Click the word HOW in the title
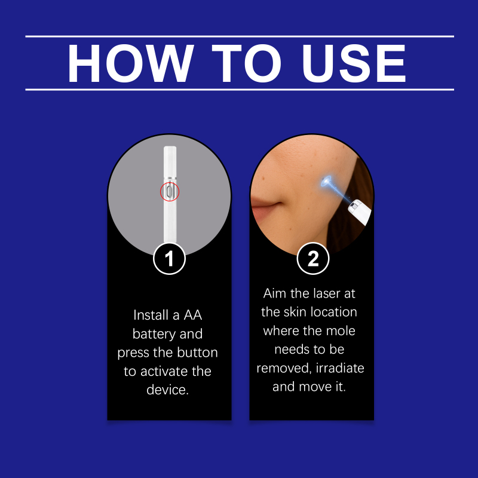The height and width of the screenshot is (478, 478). (130, 63)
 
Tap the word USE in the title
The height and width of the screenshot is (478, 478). (354, 63)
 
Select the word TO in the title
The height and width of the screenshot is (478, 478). (246, 63)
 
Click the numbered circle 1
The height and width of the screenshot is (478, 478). (169, 259)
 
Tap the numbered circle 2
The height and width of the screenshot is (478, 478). (312, 259)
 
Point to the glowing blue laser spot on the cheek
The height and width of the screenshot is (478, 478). (327, 181)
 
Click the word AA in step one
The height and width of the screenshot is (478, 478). (192, 315)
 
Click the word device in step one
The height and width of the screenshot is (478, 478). (168, 390)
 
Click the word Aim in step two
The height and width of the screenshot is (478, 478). (274, 293)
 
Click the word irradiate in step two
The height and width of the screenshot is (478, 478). (340, 368)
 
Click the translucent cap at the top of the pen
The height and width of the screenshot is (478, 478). (170, 161)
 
